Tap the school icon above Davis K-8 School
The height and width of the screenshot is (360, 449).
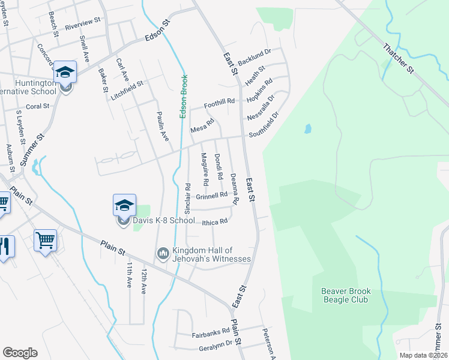coord(124,206)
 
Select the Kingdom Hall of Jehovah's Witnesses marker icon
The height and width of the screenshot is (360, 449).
coord(163,254)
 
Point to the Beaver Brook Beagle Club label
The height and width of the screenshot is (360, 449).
coord(347,295)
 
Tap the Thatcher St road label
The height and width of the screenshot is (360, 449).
coord(399,58)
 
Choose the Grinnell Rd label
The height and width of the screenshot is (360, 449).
coord(211,196)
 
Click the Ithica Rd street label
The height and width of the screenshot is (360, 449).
coord(215,221)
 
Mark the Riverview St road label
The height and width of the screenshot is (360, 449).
coord(83,24)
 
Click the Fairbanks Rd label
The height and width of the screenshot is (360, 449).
coord(211,331)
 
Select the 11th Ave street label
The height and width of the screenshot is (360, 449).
coord(129,275)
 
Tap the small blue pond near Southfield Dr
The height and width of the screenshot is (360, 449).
coord(308,128)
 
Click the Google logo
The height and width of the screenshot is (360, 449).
coord(20,353)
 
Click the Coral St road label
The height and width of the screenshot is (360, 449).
coord(37,106)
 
